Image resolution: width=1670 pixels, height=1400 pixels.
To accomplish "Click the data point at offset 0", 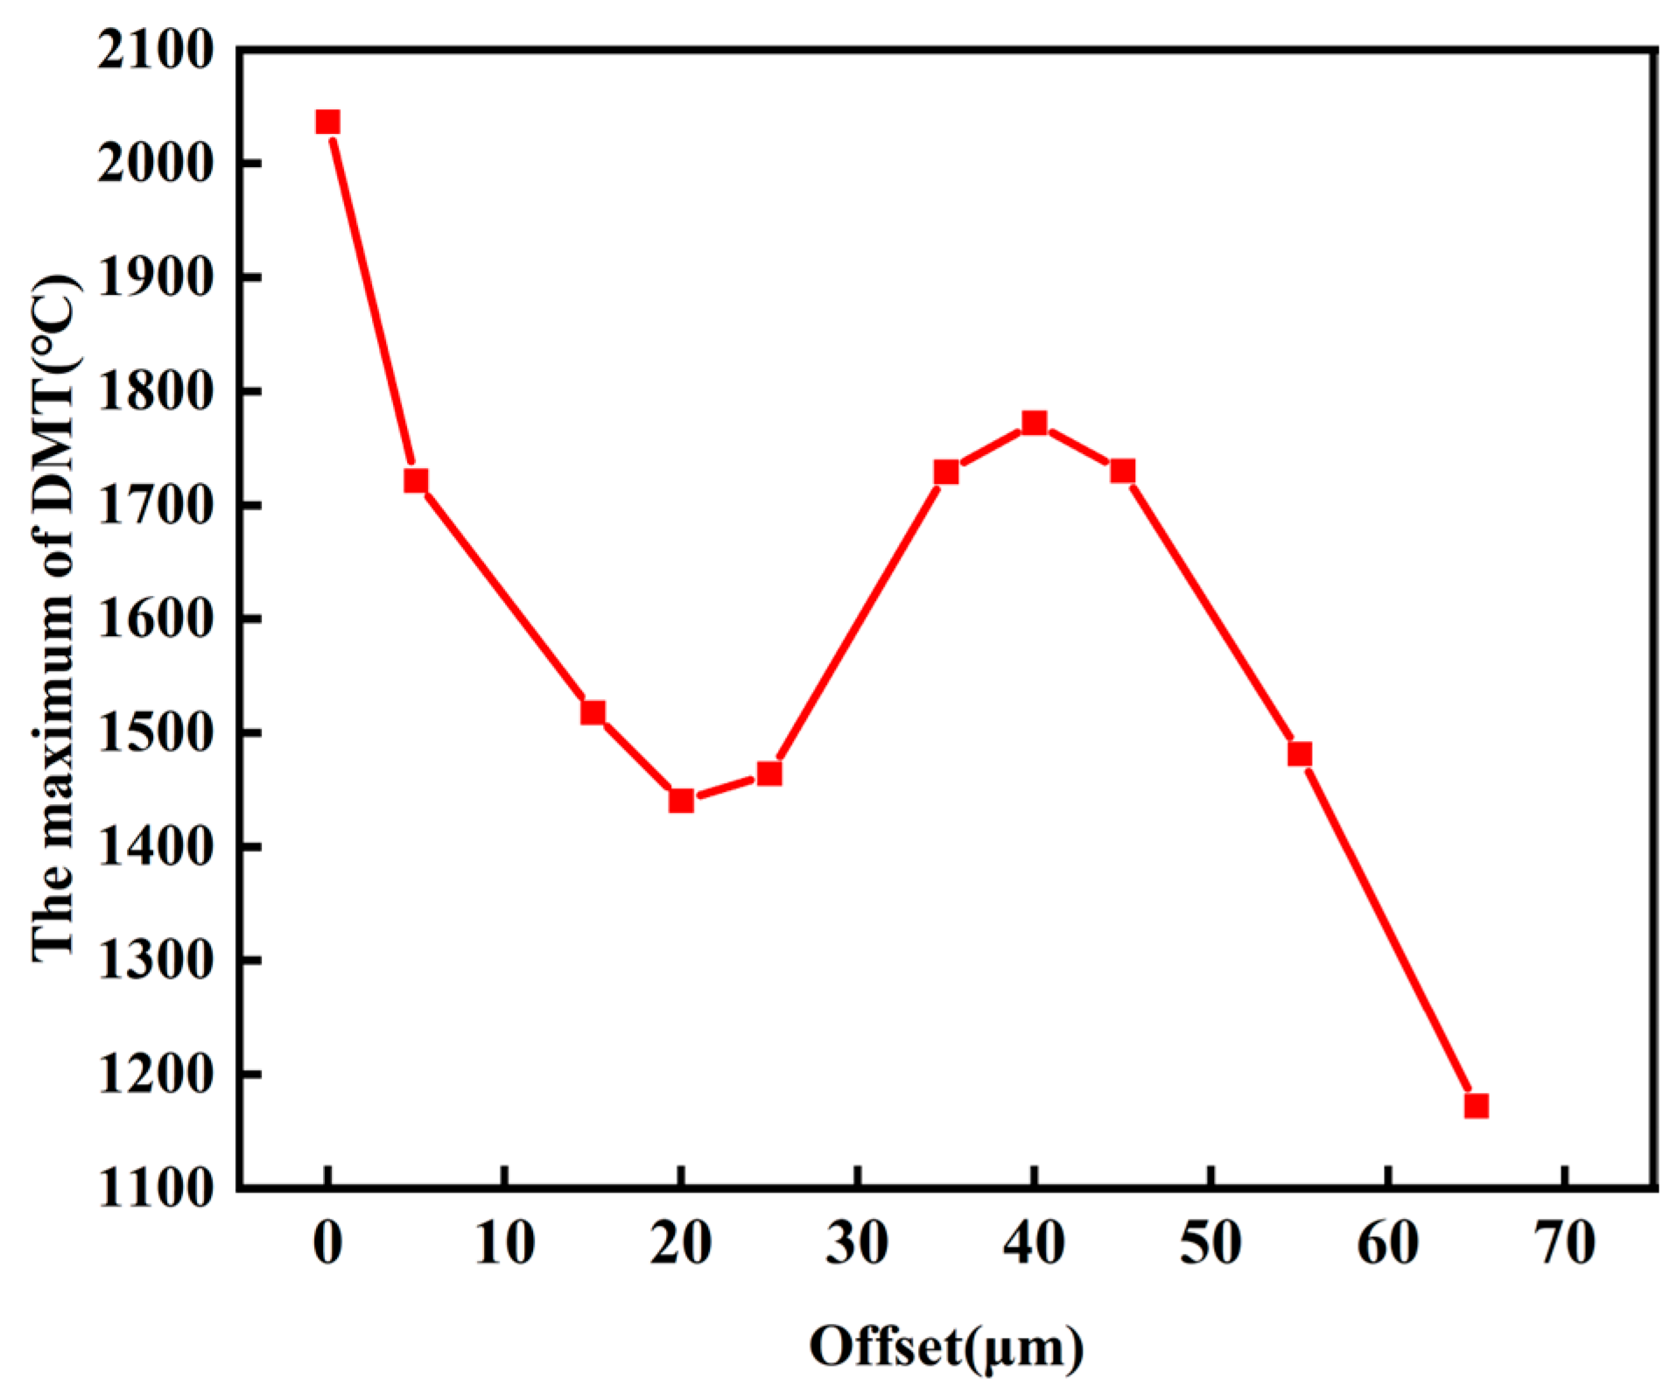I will pyautogui.click(x=327, y=122).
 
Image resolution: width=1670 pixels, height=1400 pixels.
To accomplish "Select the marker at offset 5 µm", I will pyautogui.click(x=416, y=480).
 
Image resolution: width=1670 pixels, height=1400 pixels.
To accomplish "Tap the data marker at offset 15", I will pyautogui.click(x=593, y=712).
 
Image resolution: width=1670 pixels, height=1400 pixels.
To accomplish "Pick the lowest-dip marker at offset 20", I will pyautogui.click(x=681, y=800).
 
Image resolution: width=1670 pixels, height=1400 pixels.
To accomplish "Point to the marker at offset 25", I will pyautogui.click(x=769, y=773).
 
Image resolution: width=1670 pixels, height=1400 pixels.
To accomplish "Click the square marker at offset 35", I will pyautogui.click(x=946, y=472).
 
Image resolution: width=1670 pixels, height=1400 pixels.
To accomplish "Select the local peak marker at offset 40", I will pyautogui.click(x=1035, y=423).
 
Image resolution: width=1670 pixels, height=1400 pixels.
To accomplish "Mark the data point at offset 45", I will pyautogui.click(x=1123, y=472).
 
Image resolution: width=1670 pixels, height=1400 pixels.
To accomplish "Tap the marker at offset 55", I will pyautogui.click(x=1300, y=754).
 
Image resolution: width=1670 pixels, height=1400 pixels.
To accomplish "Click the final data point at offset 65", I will pyautogui.click(x=1477, y=1106).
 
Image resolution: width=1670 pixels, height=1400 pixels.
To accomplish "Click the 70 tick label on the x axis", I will pyautogui.click(x=1565, y=1242).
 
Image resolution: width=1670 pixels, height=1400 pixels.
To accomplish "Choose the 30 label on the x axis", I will pyautogui.click(x=858, y=1242).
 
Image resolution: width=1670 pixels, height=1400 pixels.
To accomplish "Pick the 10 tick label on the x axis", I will pyautogui.click(x=504, y=1242).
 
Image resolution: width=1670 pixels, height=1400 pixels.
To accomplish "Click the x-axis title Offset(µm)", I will pyautogui.click(x=946, y=1347).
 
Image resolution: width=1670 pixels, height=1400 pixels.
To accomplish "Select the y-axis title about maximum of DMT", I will pyautogui.click(x=54, y=617).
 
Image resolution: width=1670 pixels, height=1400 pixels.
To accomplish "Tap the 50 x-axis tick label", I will pyautogui.click(x=1211, y=1242).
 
